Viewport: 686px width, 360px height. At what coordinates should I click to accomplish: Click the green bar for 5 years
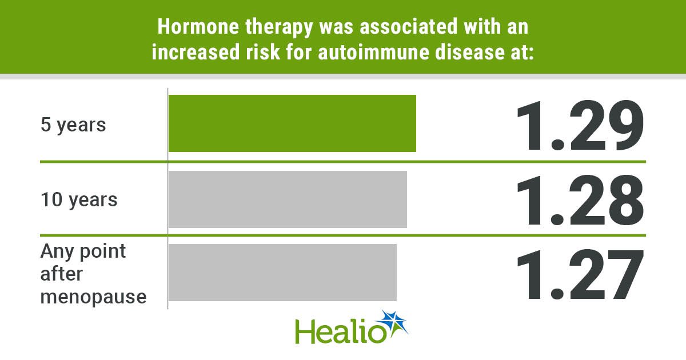[x=292, y=123]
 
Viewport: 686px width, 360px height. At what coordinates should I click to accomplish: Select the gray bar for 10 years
[x=288, y=199]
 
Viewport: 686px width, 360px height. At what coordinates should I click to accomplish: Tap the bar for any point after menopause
[x=282, y=273]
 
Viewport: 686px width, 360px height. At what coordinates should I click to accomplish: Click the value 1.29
[x=580, y=125]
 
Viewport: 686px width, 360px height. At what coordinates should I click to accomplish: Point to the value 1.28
[x=580, y=200]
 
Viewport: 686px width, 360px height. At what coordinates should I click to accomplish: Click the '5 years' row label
[x=73, y=125]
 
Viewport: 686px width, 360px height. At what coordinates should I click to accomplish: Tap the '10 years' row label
[x=79, y=200]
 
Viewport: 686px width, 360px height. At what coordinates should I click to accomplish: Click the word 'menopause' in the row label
[x=93, y=297]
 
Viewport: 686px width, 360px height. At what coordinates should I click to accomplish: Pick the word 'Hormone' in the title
[x=198, y=27]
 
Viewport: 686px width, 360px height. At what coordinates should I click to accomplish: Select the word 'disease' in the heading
[x=469, y=52]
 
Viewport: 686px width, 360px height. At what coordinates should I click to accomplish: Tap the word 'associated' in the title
[x=409, y=27]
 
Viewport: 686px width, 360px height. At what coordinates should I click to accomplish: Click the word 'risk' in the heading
[x=263, y=52]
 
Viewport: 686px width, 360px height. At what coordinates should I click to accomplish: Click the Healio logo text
[x=341, y=331]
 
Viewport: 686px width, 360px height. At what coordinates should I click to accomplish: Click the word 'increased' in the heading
[x=196, y=52]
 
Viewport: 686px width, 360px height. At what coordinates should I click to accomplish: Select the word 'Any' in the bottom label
[x=57, y=252]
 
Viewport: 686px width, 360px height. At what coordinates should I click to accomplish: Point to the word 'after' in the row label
[x=61, y=274]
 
